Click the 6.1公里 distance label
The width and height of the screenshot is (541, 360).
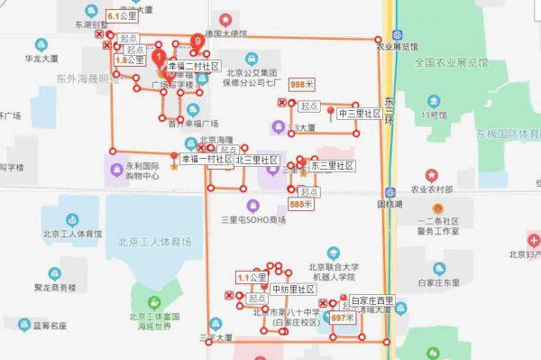tap(123, 16)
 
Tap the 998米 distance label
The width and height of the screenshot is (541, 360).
tap(302, 84)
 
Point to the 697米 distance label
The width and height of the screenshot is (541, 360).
tap(343, 318)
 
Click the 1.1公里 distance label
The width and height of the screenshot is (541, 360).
tap(252, 277)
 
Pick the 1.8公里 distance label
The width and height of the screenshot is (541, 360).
tap(129, 60)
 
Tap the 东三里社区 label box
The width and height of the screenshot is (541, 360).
tap(332, 166)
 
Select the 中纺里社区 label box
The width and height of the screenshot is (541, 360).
tap(293, 289)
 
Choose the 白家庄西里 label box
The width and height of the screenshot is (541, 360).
tap(373, 300)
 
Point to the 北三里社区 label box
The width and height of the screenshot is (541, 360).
tap(257, 160)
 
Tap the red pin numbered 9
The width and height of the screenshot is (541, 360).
tap(198, 42)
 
